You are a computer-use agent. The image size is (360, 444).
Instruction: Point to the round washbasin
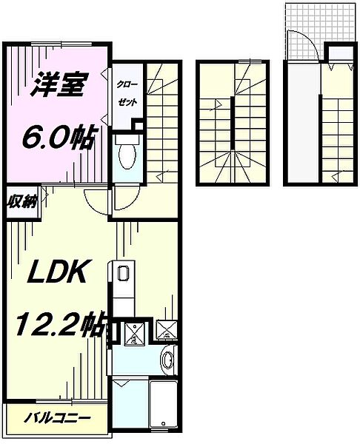coord(167,361)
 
